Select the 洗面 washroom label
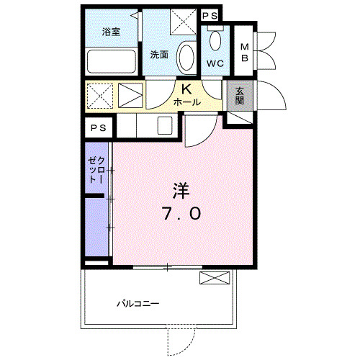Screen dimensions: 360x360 tap(159, 55)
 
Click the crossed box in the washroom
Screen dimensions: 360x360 tap(183, 22)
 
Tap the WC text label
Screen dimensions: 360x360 tap(215, 63)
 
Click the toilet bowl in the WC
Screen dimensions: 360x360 tap(216, 40)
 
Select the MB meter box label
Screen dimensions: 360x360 tap(243, 53)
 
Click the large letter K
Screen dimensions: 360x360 tap(185, 90)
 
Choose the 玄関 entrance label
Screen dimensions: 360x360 tap(239, 96)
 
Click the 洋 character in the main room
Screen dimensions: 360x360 tap(180, 191)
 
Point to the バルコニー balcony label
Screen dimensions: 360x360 tap(138, 303)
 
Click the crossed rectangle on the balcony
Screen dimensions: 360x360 tap(215, 279)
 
